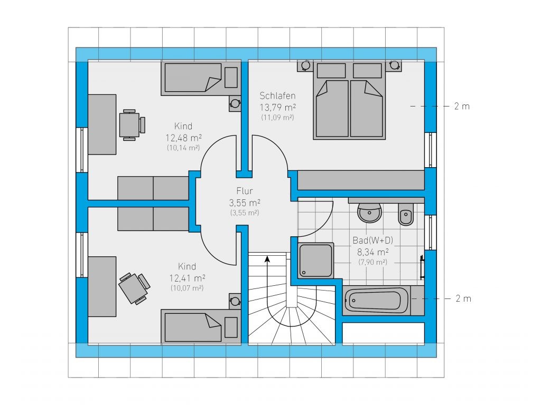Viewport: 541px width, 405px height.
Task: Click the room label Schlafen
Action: pyautogui.click(x=277, y=95)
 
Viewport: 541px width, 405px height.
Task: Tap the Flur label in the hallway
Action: pyautogui.click(x=245, y=191)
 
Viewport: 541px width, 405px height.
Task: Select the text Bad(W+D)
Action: pyautogui.click(x=372, y=240)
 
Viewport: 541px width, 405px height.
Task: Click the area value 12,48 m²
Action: pyautogui.click(x=183, y=138)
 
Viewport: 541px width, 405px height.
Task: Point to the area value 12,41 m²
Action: pyautogui.click(x=188, y=278)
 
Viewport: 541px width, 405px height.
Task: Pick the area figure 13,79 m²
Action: pyautogui.click(x=278, y=107)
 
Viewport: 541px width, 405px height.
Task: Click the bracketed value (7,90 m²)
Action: pyautogui.click(x=372, y=262)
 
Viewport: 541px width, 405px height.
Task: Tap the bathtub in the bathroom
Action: pyautogui.click(x=377, y=301)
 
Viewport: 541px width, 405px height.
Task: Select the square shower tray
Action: pyautogui.click(x=316, y=261)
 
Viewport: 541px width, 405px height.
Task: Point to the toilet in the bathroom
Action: pyautogui.click(x=406, y=214)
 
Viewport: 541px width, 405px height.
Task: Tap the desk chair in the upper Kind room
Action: pyautogui.click(x=132, y=125)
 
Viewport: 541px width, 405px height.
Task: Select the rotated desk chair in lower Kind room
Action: pyautogui.click(x=134, y=288)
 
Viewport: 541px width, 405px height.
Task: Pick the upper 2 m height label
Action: pyautogui.click(x=462, y=107)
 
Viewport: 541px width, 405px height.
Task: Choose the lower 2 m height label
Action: pyautogui.click(x=463, y=298)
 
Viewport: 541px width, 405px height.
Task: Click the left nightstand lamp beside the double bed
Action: pyautogui.click(x=305, y=65)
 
